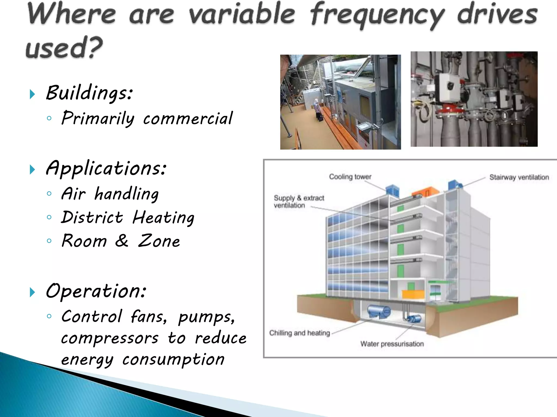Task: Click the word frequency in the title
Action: point(377,15)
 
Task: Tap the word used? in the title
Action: point(64,48)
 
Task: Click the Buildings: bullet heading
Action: point(89,93)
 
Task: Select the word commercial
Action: point(188,119)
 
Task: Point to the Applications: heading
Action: point(106,168)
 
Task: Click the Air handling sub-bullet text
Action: point(110,194)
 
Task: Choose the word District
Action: point(92,217)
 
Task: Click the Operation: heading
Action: point(96,291)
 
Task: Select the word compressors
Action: point(110,338)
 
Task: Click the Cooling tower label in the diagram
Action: point(350,177)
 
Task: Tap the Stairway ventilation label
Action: point(519,177)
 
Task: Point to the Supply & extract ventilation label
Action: point(299,201)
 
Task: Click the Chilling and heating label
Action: point(299,333)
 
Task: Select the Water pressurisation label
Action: point(392,344)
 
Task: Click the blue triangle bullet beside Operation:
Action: point(32,292)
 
